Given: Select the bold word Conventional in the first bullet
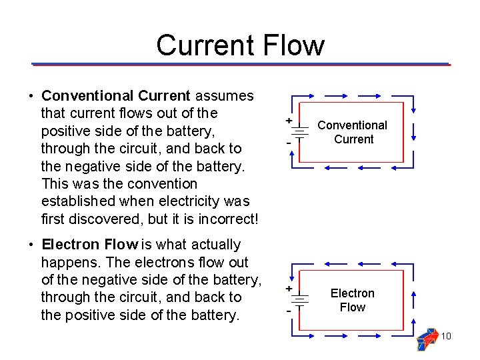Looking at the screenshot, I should (x=87, y=96).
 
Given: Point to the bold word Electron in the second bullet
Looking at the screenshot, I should (x=69, y=245).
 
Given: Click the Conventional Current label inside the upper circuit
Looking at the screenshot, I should (x=352, y=132).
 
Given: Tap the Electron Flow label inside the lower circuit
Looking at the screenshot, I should (x=352, y=300).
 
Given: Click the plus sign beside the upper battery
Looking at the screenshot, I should (x=288, y=121).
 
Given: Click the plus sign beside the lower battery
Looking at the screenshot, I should (x=288, y=289).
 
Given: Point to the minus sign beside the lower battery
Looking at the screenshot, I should (x=288, y=311).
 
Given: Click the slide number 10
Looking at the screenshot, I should (x=446, y=336).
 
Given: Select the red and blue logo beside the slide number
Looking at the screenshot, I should (x=427, y=339).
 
